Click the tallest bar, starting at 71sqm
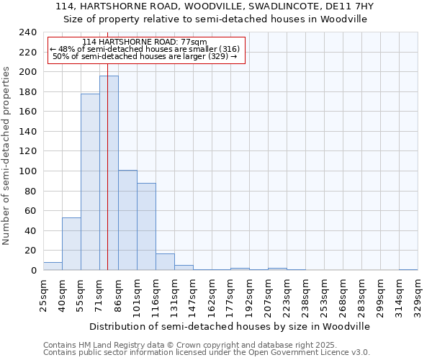pos(109,173)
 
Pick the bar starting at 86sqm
pos(127,220)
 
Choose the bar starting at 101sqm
pos(146,227)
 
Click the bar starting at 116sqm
pos(165,262)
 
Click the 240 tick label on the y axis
pos(27,32)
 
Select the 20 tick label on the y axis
pos(30,251)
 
